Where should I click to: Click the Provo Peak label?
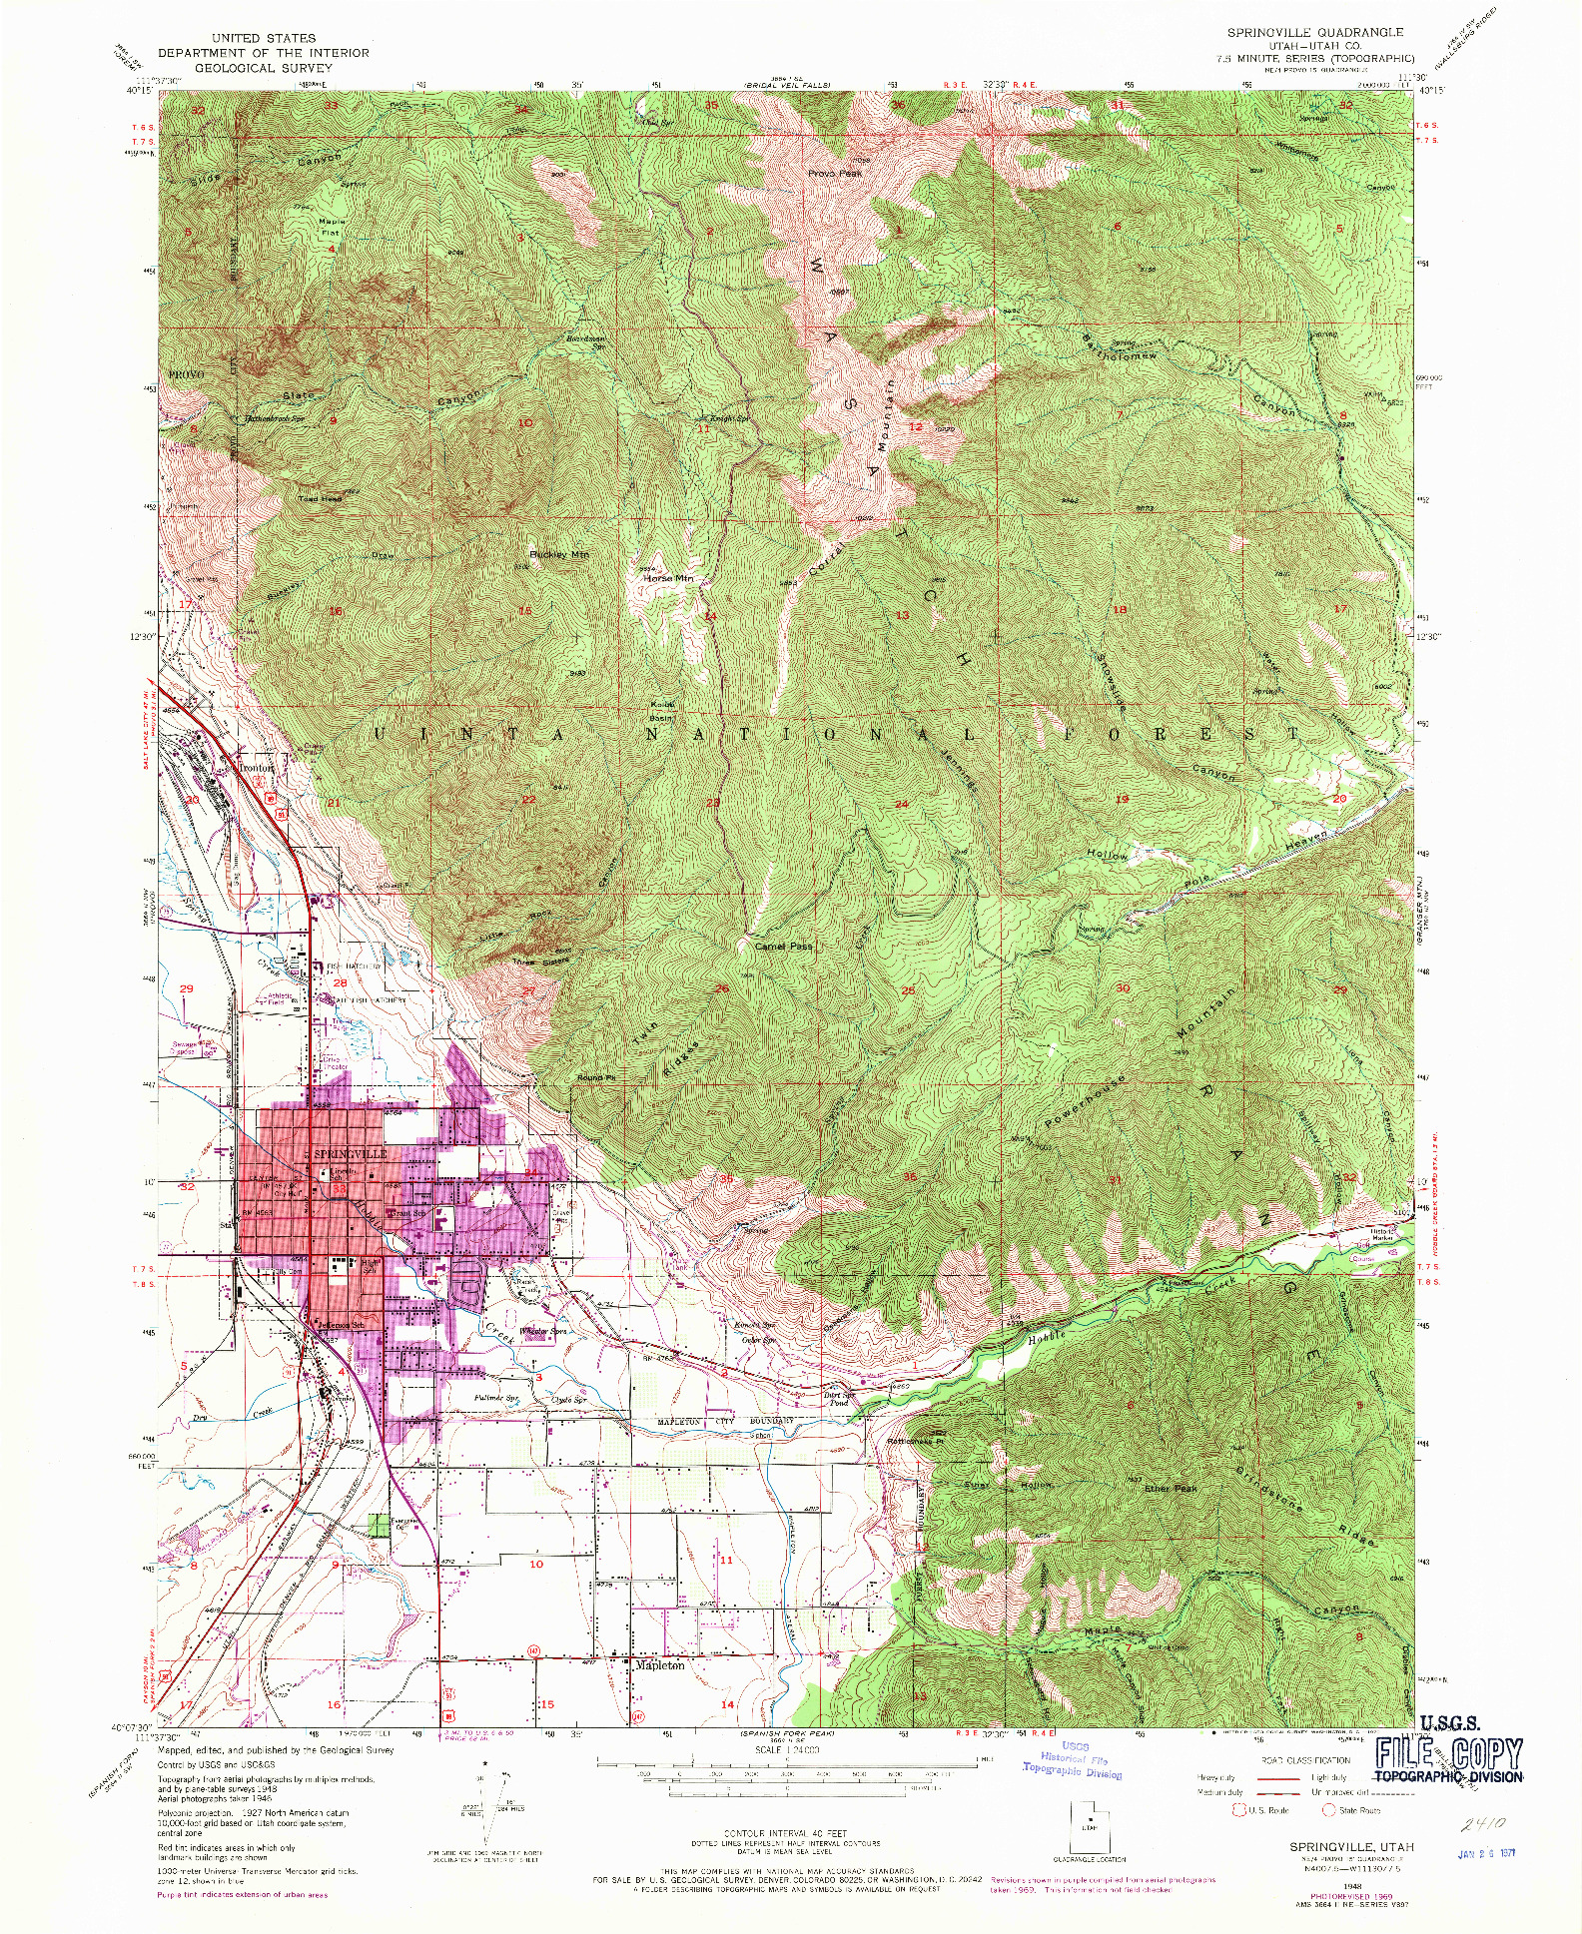pos(834,173)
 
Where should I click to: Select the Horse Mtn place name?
pos(667,578)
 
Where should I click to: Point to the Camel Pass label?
pos(783,946)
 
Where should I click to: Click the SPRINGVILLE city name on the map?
pos(351,1153)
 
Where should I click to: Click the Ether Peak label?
pos(1170,1489)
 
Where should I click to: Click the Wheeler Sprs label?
pos(544,1331)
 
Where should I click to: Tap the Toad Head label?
pos(320,498)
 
